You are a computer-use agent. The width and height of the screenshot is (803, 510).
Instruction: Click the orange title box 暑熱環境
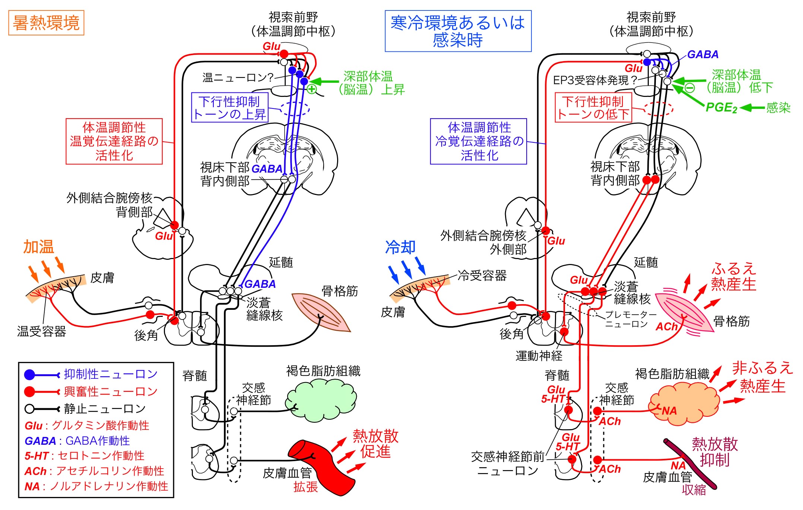pos(46,23)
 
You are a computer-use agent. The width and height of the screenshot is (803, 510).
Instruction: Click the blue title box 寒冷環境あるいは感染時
pos(458,31)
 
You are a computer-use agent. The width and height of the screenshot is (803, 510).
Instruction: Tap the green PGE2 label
pos(721,108)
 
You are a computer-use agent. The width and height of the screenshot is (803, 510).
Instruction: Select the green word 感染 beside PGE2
pos(778,108)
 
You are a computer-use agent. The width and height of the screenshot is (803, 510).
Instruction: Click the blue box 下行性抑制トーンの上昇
pos(229,107)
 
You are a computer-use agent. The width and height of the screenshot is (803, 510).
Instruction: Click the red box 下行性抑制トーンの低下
pos(593,107)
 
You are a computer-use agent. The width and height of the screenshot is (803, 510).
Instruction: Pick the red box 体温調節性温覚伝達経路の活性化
pos(114,141)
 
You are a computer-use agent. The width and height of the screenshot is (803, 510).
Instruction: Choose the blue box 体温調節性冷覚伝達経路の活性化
pos(479,141)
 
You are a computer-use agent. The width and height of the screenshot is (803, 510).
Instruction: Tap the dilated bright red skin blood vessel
pos(320,466)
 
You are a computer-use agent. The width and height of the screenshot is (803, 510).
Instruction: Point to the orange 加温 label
pos(38,247)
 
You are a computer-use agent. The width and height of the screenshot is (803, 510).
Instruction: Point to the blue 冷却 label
pos(400,247)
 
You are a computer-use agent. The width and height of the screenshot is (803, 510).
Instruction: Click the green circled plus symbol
pos(312,89)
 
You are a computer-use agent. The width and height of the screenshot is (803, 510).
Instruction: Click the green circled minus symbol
pos(690,88)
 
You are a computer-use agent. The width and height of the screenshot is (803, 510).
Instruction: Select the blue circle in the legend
pos(29,374)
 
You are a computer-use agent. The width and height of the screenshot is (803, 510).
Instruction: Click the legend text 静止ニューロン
pos(105,409)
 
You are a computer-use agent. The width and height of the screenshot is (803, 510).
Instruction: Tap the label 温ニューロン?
pos(238,78)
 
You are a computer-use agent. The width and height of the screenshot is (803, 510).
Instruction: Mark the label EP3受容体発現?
pos(595,80)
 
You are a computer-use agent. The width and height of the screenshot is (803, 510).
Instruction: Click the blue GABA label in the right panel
pos(702,55)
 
